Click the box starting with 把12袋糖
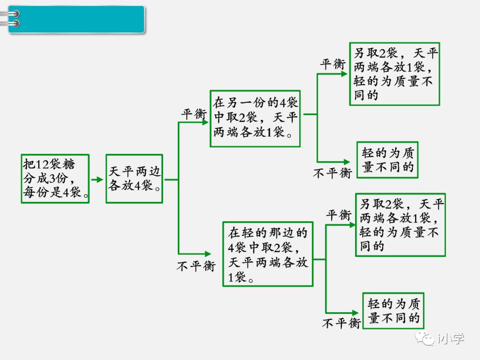pyautogui.click(x=55, y=179)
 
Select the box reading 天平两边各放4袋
pyautogui.click(x=134, y=179)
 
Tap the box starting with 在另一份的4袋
pyautogui.click(x=255, y=118)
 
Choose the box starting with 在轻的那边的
pyautogui.click(x=268, y=254)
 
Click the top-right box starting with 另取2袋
pyautogui.click(x=394, y=74)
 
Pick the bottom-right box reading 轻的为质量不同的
pyautogui.click(x=393, y=311)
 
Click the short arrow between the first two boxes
pyautogui.click(x=97, y=180)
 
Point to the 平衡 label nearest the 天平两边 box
pyautogui.click(x=194, y=114)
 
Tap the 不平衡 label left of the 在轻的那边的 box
pyautogui.click(x=196, y=266)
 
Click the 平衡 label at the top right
pyautogui.click(x=333, y=64)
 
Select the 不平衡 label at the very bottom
pyautogui.click(x=341, y=323)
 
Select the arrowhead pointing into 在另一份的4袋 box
pyautogui.click(x=205, y=122)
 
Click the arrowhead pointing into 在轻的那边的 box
pyautogui.click(x=208, y=254)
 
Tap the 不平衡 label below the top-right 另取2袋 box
pyautogui.click(x=332, y=173)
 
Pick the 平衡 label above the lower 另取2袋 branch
pyautogui.click(x=339, y=216)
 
